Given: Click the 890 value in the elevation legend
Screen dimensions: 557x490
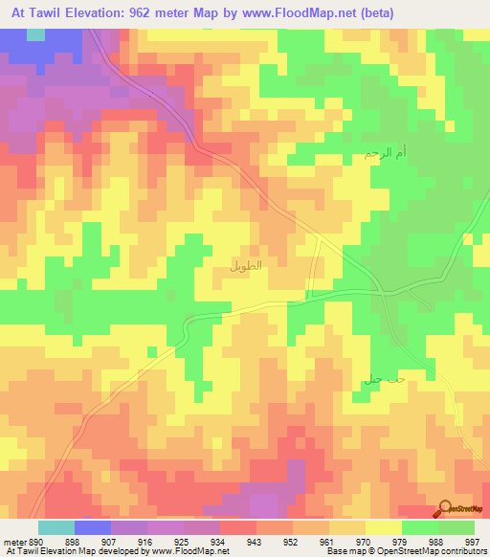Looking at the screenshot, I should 31,541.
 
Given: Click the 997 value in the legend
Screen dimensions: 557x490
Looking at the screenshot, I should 466,541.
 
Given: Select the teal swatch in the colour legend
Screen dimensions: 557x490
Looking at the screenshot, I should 56,527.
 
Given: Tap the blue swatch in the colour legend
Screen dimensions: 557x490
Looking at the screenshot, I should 93,527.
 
